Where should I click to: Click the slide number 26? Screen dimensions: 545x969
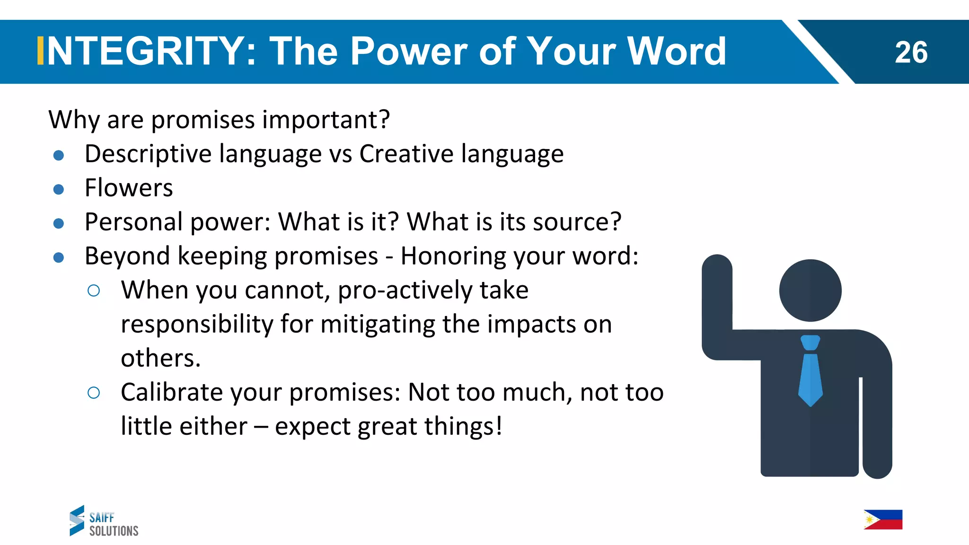911,52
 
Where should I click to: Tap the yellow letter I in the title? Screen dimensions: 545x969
41,51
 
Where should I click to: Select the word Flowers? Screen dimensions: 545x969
129,188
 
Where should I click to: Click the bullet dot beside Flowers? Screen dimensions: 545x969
59,190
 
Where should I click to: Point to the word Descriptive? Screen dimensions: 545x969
148,154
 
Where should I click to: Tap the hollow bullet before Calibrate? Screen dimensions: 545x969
94,393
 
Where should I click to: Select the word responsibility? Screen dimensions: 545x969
197,325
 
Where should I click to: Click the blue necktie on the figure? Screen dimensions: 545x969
810,371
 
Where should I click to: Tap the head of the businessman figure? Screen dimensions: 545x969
810,290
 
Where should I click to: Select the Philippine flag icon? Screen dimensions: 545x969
883,519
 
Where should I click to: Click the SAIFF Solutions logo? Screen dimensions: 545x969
104,521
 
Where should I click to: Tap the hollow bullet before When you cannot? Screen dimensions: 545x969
94,290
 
